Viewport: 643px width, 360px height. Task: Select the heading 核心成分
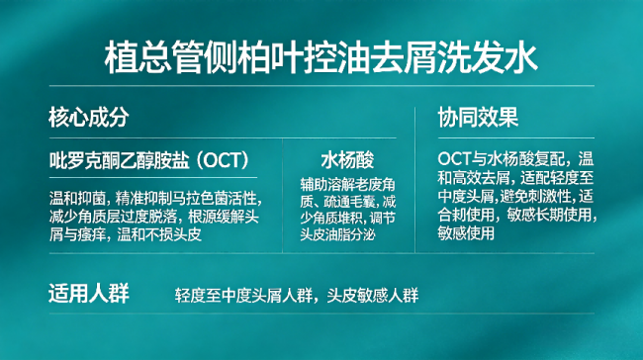click(89, 118)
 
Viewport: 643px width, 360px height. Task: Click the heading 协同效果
click(478, 118)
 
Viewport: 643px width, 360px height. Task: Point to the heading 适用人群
click(89, 294)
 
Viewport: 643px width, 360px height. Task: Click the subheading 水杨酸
click(347, 160)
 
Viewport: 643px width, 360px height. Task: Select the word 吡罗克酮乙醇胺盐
click(120, 160)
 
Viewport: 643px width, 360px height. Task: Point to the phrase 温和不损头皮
click(159, 234)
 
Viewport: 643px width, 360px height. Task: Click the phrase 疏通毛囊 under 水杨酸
click(350, 202)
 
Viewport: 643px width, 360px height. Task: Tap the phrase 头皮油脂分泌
click(338, 234)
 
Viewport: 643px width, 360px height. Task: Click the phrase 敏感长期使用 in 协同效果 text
click(549, 215)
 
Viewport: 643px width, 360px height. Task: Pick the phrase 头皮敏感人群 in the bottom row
click(373, 295)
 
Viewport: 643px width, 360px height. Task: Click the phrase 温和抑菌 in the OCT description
click(77, 199)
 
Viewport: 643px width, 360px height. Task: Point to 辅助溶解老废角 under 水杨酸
click(348, 185)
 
